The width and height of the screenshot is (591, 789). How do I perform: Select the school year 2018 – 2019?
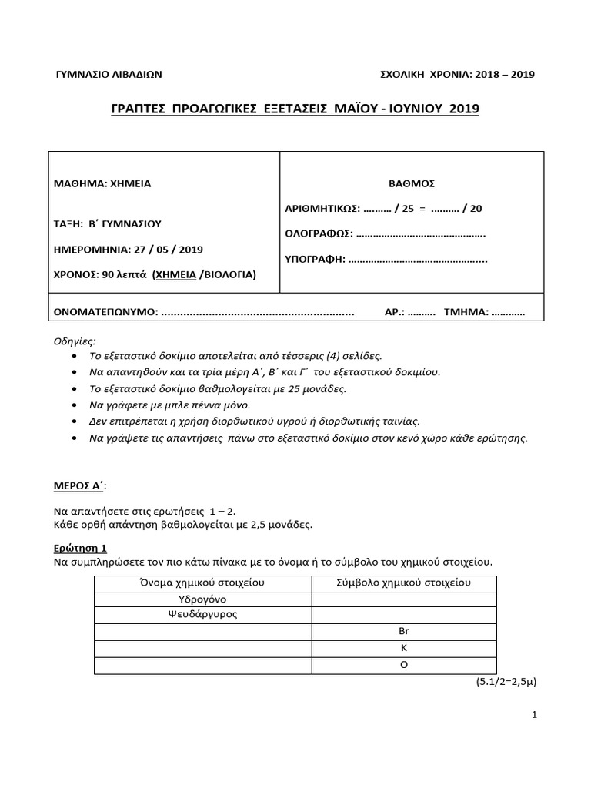click(x=503, y=74)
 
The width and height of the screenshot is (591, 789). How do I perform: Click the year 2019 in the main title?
click(x=462, y=109)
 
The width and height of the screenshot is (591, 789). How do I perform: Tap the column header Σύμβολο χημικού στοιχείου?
click(x=404, y=583)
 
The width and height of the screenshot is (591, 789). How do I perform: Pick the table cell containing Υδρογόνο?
click(x=203, y=599)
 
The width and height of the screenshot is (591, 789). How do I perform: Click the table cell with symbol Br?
click(x=404, y=631)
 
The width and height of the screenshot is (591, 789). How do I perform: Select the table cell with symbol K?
click(x=404, y=648)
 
